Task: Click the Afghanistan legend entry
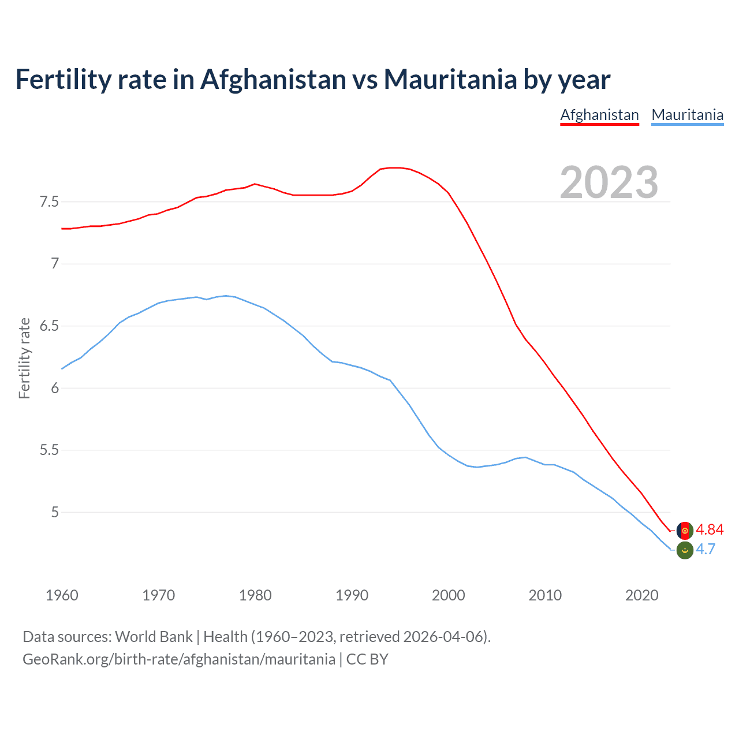599,115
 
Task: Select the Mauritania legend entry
687,115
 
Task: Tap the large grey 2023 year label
609,182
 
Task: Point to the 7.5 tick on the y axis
49,202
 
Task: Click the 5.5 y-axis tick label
49,450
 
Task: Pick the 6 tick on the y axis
55,388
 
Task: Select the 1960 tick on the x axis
62,595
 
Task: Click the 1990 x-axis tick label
352,595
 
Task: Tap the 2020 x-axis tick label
641,595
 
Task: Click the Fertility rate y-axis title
24,358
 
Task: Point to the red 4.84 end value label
710,530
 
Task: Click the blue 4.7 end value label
706,550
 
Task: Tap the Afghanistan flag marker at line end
684,531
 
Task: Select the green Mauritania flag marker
684,550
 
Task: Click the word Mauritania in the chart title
450,79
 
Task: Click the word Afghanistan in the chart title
273,79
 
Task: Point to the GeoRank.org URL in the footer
179,659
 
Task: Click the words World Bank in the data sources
154,637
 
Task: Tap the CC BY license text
367,659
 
